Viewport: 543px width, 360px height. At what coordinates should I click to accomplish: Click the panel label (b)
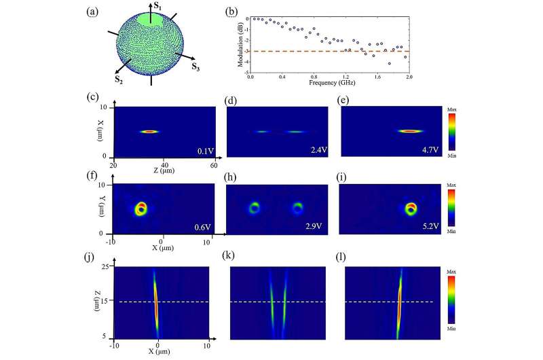coord(230,12)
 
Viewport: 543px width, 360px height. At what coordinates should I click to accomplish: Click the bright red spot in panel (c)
coord(149,132)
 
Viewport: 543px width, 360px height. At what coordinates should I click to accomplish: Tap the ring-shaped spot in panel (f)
coord(141,208)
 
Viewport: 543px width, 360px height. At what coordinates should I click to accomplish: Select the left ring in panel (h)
coord(254,207)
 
